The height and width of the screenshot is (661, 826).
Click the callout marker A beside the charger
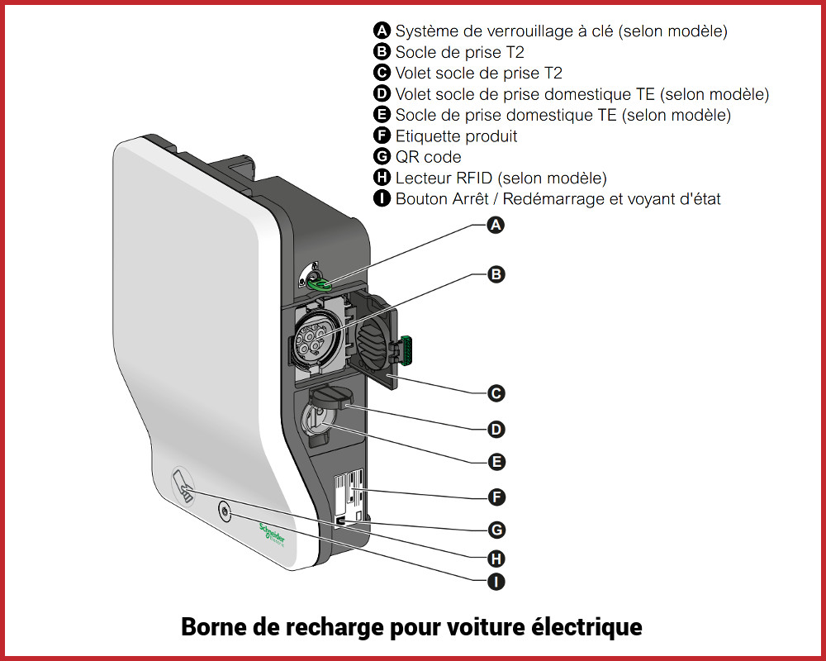click(496, 225)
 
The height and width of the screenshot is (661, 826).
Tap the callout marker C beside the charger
click(496, 393)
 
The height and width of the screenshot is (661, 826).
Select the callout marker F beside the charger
click(496, 497)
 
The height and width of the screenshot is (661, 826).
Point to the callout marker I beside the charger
click(496, 582)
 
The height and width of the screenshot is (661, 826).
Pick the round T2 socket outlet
click(314, 337)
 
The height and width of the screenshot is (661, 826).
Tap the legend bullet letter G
click(382, 157)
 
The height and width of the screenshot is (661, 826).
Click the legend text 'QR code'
click(428, 157)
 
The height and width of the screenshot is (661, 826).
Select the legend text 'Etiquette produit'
click(456, 136)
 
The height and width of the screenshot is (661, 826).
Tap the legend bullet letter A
click(382, 31)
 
